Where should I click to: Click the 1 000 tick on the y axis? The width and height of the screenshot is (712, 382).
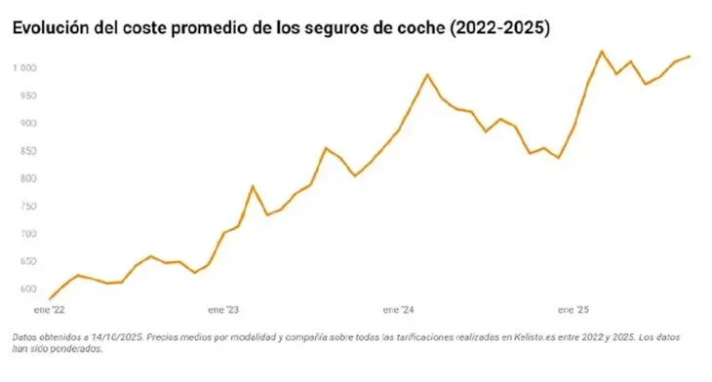pos(25,68)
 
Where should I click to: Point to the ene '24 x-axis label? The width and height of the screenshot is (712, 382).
pos(398,310)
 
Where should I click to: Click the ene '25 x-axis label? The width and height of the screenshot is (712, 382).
pos(573,310)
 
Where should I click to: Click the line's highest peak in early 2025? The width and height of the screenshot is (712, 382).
pos(602,51)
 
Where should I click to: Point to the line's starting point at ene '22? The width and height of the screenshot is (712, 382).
pos(49,298)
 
